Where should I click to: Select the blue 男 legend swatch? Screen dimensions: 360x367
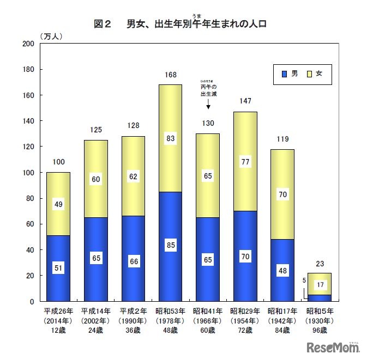[284, 73]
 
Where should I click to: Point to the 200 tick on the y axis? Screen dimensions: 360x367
[28, 44]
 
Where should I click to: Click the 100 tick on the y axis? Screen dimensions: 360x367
[28, 173]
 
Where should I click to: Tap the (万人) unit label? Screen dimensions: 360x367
[52, 36]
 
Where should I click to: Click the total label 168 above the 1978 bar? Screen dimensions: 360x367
[170, 75]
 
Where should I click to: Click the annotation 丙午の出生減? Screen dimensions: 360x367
[208, 90]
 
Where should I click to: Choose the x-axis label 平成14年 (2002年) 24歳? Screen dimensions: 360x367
[95, 321]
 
